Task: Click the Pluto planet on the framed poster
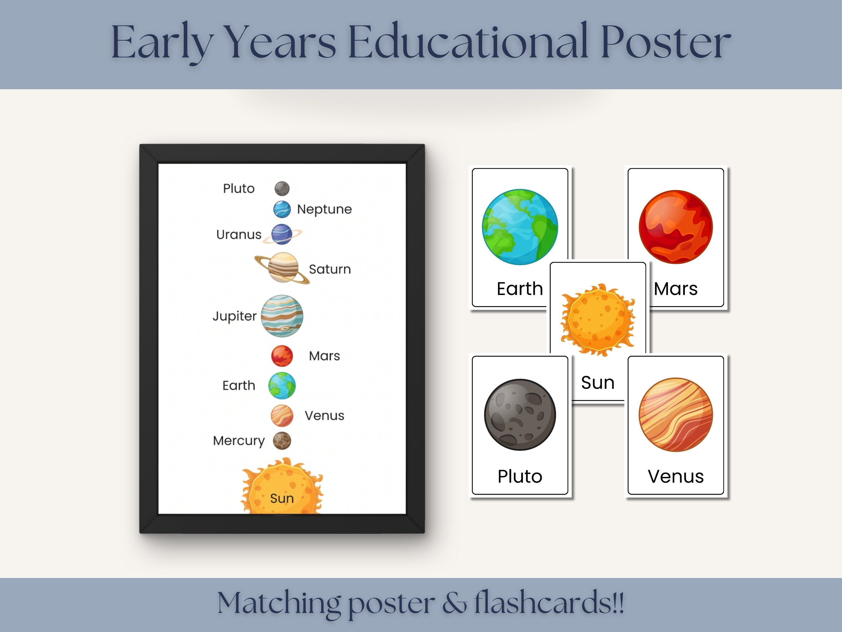pos(282,188)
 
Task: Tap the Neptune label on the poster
pos(324,209)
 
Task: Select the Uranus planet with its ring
pos(282,234)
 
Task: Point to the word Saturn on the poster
pos(330,269)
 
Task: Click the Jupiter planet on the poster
pos(282,316)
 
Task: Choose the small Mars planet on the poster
pos(282,356)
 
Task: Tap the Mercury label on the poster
pos(239,441)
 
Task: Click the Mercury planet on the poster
pos(282,441)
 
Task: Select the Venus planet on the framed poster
pos(282,415)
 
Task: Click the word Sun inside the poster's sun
pos(282,498)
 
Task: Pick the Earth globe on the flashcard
pos(520,227)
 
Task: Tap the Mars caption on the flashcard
pos(676,289)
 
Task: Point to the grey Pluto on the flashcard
pos(520,414)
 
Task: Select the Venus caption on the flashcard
pos(676,476)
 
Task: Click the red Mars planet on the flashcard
pos(676,227)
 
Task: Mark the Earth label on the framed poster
pos(239,385)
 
